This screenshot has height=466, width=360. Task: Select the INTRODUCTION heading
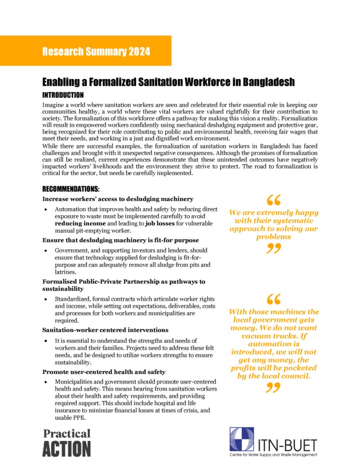click(63, 95)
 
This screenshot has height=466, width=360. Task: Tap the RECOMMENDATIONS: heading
click(71, 189)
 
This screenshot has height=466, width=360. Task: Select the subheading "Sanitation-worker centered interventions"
click(105, 330)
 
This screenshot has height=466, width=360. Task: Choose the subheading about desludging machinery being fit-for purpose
click(113, 240)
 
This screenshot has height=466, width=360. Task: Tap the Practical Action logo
click(66, 441)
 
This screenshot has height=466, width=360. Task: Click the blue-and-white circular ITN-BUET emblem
click(241, 439)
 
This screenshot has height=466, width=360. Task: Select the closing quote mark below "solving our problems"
click(273, 248)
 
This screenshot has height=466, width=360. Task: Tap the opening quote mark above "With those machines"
click(273, 299)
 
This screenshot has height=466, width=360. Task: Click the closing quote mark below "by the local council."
click(273, 387)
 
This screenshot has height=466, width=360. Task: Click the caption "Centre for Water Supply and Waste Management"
click(273, 455)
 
